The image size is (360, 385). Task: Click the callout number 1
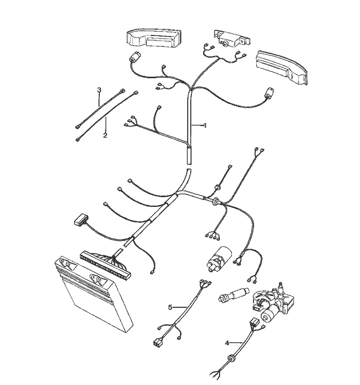pyautogui.click(x=205, y=126)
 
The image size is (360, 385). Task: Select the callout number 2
pyautogui.click(x=105, y=135)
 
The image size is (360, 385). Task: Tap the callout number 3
pyautogui.click(x=99, y=90)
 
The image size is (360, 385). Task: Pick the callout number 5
pyautogui.click(x=170, y=307)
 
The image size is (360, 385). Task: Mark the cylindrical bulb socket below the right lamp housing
pyautogui.click(x=268, y=94)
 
